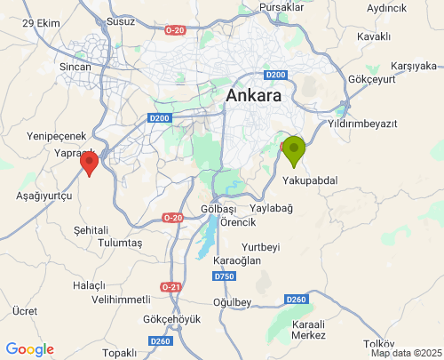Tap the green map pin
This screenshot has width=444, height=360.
[294, 150]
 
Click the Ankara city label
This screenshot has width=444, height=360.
[254, 95]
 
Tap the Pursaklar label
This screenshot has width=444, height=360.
[281, 7]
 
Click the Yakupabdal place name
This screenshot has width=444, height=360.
[310, 180]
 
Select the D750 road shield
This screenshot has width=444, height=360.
[224, 276]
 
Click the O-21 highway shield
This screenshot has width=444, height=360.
[170, 286]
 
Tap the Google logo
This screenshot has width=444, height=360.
[29, 349]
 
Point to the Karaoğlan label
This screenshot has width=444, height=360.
[238, 260]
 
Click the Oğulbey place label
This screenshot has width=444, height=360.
[233, 302]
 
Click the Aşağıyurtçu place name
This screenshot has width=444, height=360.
[44, 195]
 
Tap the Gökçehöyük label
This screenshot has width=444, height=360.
[166, 318]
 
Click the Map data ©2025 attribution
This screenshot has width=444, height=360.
[405, 353]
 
